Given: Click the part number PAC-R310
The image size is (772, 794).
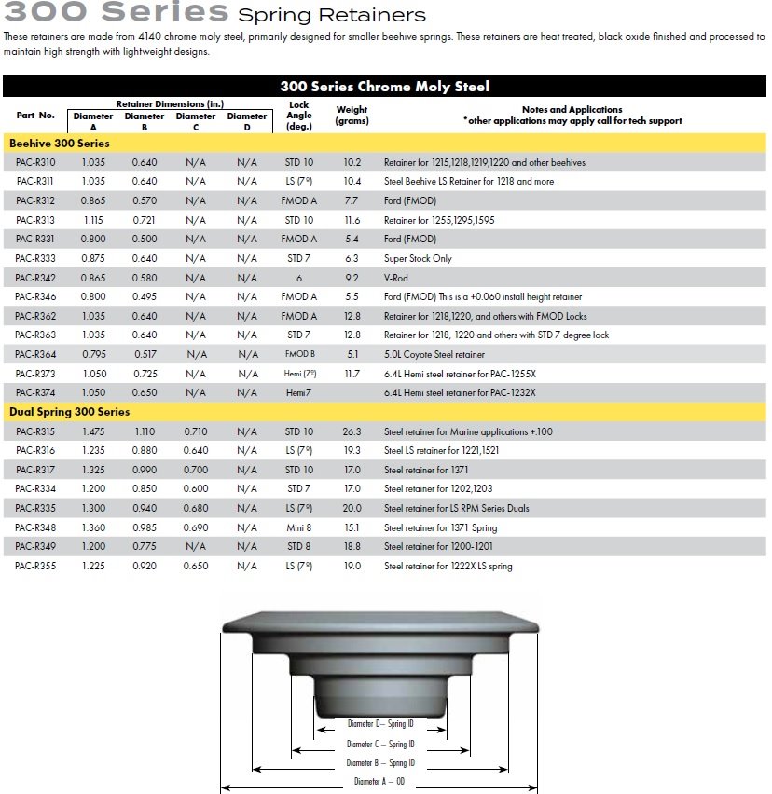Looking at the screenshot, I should pos(35,162).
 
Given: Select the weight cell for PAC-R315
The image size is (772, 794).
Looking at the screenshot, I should pos(352,431).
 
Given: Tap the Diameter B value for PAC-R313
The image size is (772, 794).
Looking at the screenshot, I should pos(144,220).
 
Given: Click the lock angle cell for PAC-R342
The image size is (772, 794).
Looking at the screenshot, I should pos(299,278).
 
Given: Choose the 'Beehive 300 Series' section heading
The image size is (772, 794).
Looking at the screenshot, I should pos(59,144).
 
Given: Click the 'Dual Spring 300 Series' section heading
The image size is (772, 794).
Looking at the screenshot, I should pos(70,412).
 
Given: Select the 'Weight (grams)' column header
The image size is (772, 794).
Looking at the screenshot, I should pos(352,115).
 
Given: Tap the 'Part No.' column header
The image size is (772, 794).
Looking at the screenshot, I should pos(35,116).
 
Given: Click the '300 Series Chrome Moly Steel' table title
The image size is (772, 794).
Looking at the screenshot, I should pos(384,87).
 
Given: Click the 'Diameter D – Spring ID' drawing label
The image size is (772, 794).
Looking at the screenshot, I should pos(380,723).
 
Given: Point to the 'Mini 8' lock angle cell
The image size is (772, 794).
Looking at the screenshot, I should pos(299,527).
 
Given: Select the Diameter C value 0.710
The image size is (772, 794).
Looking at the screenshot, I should pos(196,431).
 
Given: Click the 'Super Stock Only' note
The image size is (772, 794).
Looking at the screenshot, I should pos(418,258).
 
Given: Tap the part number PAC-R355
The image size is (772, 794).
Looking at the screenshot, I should pos(35,566).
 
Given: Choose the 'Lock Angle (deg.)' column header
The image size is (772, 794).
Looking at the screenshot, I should pos(299,116).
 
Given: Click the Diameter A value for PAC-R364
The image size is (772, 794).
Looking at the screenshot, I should pos(92,354).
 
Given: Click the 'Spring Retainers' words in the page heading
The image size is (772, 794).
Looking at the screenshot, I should pos(332,15).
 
